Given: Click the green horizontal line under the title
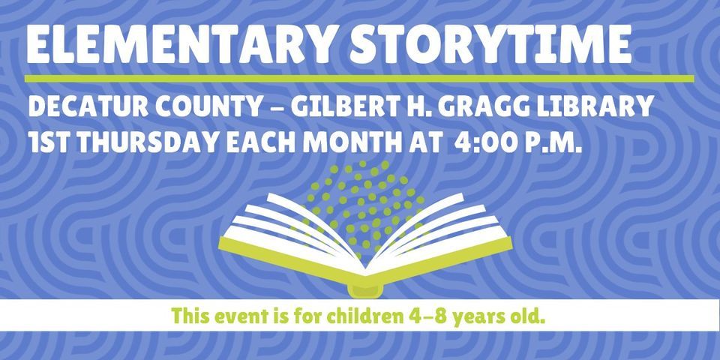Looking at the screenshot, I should click(x=358, y=78).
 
